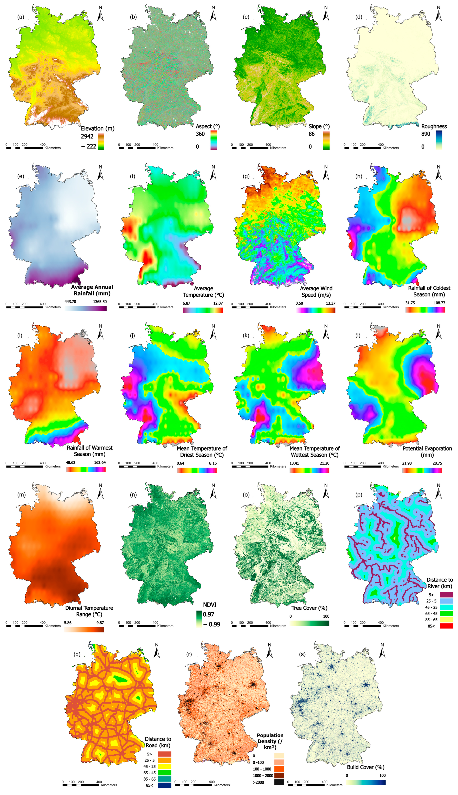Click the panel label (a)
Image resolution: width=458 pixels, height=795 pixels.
(20, 17)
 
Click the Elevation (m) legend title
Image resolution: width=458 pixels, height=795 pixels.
(98, 129)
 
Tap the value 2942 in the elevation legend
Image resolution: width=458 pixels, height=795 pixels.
(87, 136)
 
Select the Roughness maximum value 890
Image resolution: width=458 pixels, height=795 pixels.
(426, 134)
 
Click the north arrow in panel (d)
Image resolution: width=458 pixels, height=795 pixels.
(438, 14)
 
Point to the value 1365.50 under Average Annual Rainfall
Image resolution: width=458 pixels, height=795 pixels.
(100, 302)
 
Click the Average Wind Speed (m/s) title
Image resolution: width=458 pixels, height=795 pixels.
(316, 292)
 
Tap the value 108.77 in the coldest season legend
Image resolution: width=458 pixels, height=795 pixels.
(439, 303)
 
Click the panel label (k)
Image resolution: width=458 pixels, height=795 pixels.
(246, 336)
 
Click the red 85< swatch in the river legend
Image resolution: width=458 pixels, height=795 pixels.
(446, 626)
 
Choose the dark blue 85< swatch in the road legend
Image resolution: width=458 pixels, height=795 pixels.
(165, 785)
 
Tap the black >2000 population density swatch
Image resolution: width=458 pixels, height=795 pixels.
(279, 782)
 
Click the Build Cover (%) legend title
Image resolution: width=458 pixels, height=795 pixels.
(365, 767)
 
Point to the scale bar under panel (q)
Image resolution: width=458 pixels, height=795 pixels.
(81, 785)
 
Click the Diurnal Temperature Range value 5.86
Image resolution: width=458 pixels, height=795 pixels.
(68, 623)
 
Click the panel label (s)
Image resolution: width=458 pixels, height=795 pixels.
(302, 654)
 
